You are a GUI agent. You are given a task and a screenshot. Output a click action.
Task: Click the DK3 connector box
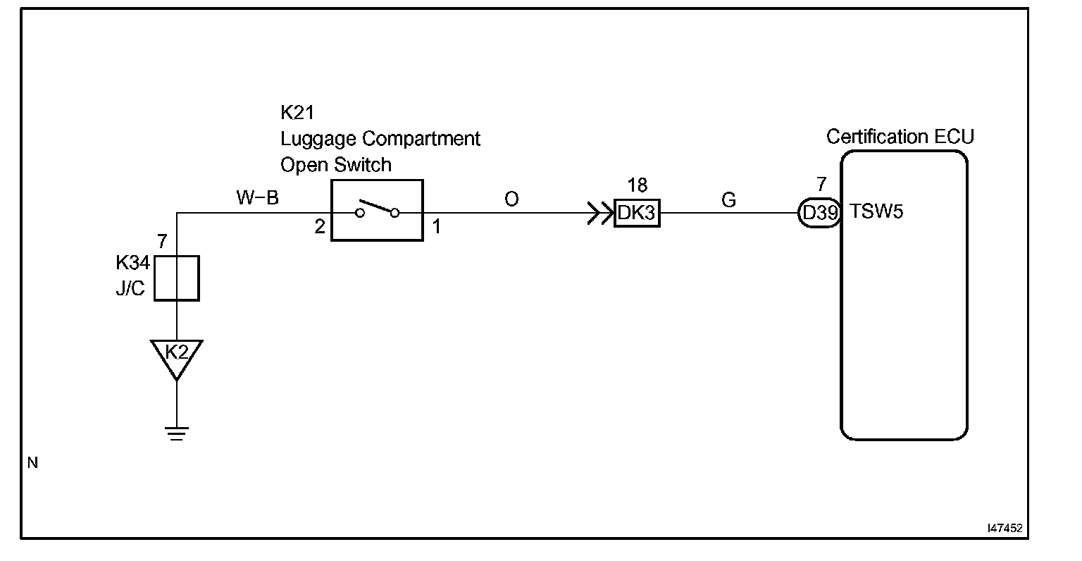pyautogui.click(x=637, y=213)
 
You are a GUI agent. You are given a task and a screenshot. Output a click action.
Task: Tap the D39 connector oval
pyautogui.click(x=819, y=212)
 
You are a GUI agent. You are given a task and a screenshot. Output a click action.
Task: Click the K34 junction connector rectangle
pyautogui.click(x=177, y=278)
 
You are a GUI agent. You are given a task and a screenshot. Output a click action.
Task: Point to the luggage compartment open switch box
pyautogui.click(x=377, y=211)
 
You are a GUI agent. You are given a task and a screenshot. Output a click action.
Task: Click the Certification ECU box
pyautogui.click(x=904, y=295)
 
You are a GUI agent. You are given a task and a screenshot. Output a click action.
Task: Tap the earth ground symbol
pyautogui.click(x=177, y=433)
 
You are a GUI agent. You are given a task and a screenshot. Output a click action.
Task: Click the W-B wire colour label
pyautogui.click(x=257, y=198)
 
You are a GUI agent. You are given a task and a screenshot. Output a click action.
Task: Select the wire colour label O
pyautogui.click(x=511, y=199)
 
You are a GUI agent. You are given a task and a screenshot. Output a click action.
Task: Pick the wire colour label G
pyautogui.click(x=728, y=200)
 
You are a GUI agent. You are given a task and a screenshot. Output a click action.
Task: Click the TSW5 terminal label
pyautogui.click(x=876, y=211)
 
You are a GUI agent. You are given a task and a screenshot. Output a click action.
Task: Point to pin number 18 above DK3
pyautogui.click(x=637, y=185)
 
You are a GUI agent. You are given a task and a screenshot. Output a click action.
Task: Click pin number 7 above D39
pyautogui.click(x=821, y=185)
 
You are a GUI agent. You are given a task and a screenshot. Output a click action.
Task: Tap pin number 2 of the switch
pyautogui.click(x=320, y=228)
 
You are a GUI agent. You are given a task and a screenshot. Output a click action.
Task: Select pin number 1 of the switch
pyautogui.click(x=436, y=228)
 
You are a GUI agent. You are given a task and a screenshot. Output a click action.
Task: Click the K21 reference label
pyautogui.click(x=297, y=113)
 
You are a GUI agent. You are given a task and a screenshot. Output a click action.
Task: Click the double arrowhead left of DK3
pyautogui.click(x=600, y=213)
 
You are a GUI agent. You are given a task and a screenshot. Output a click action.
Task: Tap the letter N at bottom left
pyautogui.click(x=32, y=463)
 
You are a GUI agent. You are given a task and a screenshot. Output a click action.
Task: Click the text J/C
pyautogui.click(x=130, y=289)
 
